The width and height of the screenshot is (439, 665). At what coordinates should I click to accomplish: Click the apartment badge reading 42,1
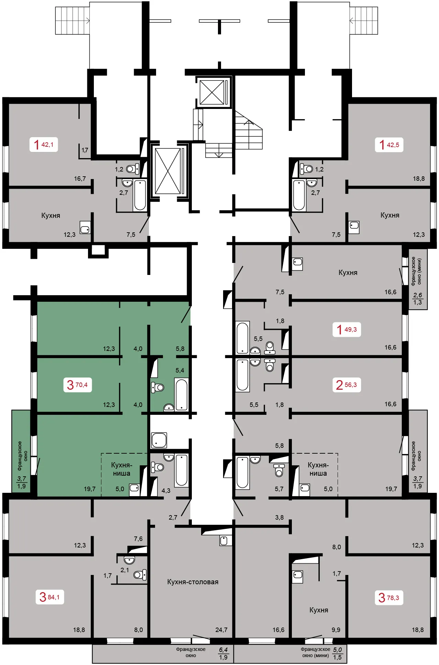[44, 144]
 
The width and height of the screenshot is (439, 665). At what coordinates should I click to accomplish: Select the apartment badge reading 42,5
[389, 145]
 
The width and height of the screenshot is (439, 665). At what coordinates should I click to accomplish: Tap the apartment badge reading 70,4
[77, 385]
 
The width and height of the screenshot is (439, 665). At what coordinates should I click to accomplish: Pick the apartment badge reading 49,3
[347, 329]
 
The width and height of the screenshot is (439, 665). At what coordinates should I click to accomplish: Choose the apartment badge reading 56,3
[347, 385]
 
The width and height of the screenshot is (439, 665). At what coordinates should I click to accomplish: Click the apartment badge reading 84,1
[50, 597]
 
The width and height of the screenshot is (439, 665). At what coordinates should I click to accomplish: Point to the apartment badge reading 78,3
[389, 598]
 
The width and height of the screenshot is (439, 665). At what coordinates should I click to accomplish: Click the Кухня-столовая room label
[193, 582]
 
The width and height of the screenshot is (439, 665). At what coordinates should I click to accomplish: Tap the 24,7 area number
[221, 630]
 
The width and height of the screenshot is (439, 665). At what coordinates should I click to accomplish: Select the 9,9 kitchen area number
[336, 630]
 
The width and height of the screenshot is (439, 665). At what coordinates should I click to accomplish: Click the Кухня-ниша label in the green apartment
[122, 469]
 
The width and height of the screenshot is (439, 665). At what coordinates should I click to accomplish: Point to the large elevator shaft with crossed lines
[168, 171]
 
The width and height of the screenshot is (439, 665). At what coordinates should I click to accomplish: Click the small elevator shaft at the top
[212, 92]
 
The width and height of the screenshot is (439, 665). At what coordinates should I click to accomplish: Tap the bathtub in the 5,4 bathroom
[182, 394]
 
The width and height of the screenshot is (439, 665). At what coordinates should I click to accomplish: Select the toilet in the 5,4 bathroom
[158, 388]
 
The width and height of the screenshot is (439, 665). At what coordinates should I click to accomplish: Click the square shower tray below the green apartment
[159, 440]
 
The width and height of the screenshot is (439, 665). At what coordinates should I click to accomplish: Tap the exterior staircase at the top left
[72, 21]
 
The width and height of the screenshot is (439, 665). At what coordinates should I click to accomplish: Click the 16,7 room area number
[80, 178]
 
